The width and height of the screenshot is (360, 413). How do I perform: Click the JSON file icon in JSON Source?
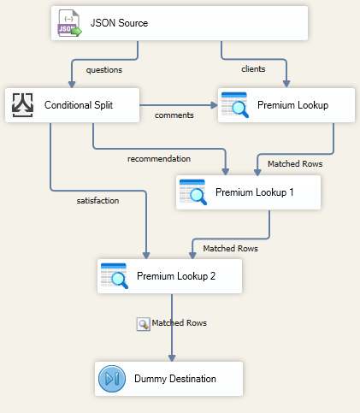click(68, 23)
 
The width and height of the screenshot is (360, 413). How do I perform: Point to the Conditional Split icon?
click(23, 105)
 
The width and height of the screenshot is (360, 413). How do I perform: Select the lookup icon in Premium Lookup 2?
click(115, 276)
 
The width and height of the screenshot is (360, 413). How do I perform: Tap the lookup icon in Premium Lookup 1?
click(192, 192)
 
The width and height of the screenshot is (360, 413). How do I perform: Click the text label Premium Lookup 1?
click(255, 192)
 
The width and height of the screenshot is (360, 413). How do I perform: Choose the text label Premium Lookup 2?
click(176, 276)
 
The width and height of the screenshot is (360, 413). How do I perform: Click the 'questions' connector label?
click(104, 70)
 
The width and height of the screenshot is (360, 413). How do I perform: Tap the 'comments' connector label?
click(174, 115)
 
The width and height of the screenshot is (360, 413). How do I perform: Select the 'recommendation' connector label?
click(159, 158)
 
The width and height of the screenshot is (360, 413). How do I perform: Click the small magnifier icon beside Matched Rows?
click(143, 323)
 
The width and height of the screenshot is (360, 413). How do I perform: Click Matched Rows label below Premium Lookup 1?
click(230, 248)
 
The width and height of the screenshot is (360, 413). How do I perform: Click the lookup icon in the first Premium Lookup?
click(234, 105)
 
